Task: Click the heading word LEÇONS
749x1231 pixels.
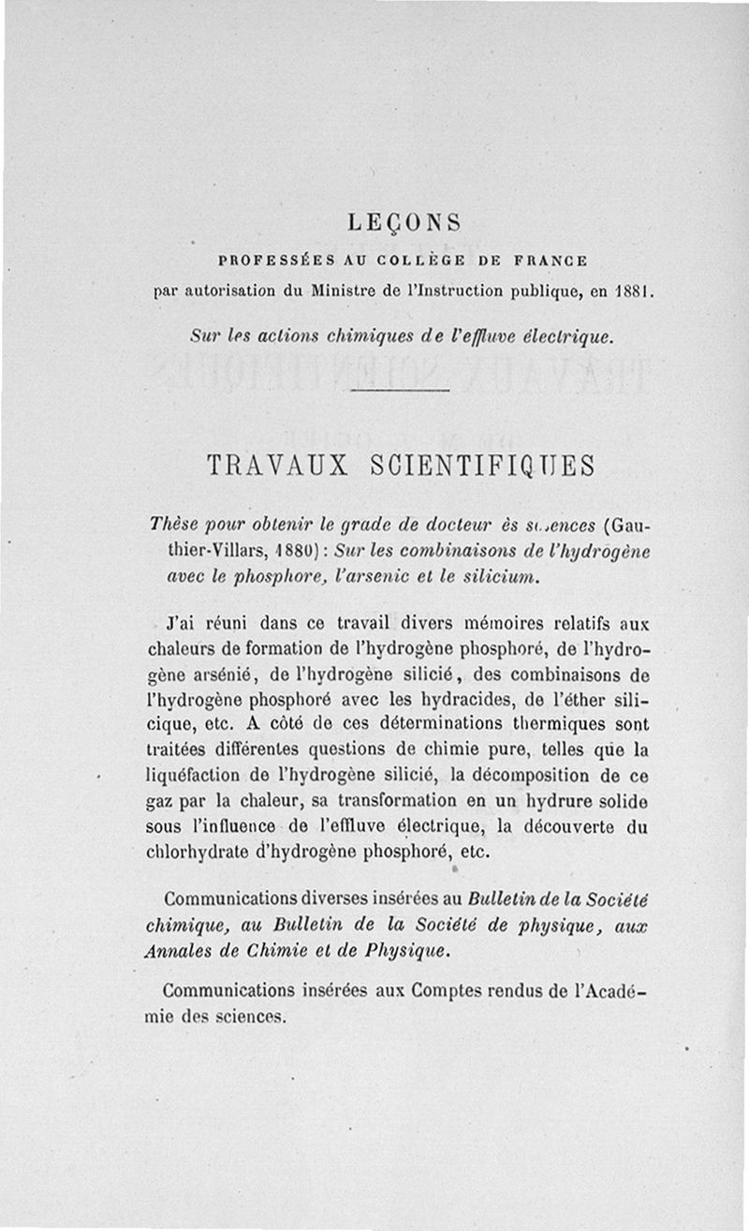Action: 404,223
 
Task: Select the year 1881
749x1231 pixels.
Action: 631,290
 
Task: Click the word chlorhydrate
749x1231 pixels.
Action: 196,853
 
